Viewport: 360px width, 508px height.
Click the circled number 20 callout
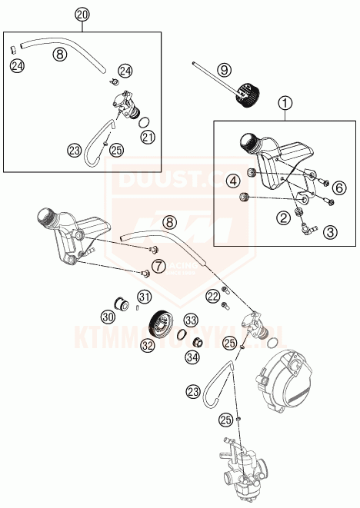coord(83,15)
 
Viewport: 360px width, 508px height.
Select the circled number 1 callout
coord(285,101)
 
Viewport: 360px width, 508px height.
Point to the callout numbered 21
coord(147,137)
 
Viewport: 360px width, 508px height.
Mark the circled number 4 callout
coord(232,181)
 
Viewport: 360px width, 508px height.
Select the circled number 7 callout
coord(158,266)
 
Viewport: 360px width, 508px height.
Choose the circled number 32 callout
coord(146,346)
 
